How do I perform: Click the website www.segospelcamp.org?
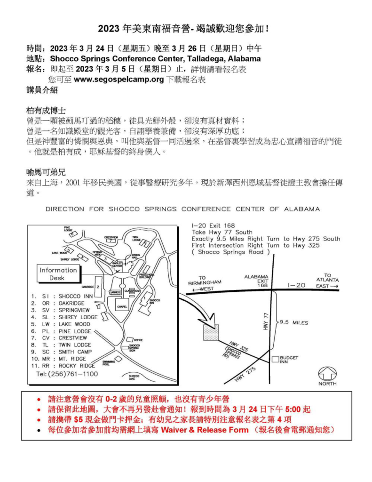(x=119, y=79)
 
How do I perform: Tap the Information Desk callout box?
(x=58, y=274)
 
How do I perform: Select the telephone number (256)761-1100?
(x=67, y=374)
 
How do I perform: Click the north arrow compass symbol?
(x=327, y=374)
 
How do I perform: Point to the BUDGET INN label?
(x=289, y=360)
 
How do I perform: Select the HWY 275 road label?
(x=245, y=375)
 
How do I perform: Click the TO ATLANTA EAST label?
(x=327, y=281)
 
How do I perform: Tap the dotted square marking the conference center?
(x=211, y=332)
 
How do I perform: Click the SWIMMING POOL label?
(x=109, y=363)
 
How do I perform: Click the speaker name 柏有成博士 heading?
(x=46, y=111)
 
